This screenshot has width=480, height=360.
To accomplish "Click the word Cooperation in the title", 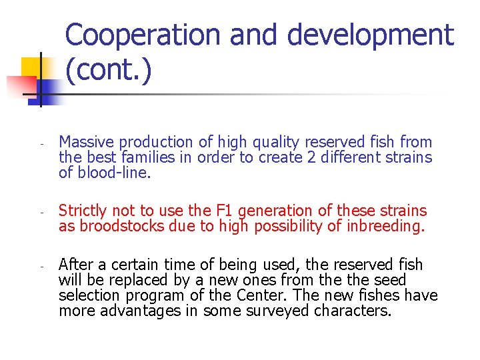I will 143,35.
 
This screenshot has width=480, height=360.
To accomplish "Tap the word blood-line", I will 115,174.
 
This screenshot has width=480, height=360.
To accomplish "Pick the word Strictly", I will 83,211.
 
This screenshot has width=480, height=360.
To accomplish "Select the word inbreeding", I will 385,227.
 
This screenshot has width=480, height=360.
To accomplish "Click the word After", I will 75,264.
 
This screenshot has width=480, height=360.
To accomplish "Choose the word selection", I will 88,296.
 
